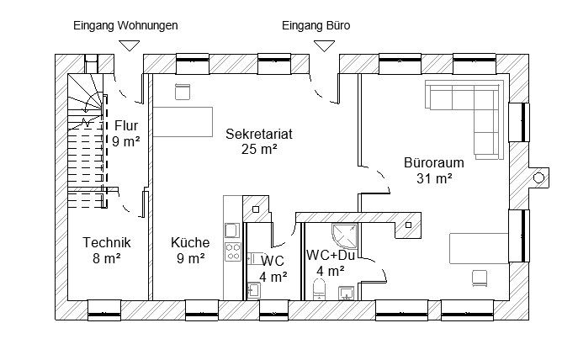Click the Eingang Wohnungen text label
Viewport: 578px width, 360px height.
125,26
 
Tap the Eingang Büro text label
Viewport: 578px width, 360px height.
316,26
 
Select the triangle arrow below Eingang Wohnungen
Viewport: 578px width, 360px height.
130,45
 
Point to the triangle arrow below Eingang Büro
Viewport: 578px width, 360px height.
325,46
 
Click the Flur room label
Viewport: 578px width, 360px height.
126,125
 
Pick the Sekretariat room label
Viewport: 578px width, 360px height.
259,134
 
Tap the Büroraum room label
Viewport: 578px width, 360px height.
434,162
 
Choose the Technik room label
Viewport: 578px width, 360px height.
107,242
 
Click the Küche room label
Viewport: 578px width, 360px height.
190,242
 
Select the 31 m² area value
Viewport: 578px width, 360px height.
435,178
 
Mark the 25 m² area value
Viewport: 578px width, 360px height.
259,150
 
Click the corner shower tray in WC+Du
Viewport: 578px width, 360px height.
345,236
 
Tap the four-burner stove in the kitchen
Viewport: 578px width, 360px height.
232,252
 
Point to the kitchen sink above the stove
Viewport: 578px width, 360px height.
232,230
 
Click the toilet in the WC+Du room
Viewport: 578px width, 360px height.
319,289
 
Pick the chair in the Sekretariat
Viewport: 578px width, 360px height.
183,92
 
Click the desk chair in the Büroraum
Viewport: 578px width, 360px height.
480,278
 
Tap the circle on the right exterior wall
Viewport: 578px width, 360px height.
538,178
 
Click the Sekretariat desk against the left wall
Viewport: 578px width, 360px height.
183,122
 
